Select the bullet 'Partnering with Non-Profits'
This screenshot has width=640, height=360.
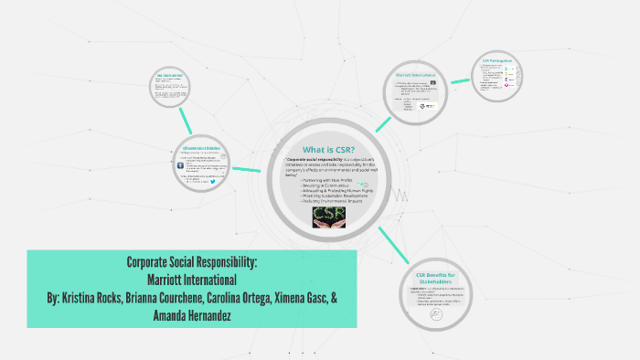click(x=327, y=180)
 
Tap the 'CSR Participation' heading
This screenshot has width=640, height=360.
click(x=496, y=61)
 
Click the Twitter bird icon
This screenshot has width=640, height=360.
click(x=213, y=181)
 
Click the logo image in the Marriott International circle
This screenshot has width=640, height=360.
click(x=427, y=106)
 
